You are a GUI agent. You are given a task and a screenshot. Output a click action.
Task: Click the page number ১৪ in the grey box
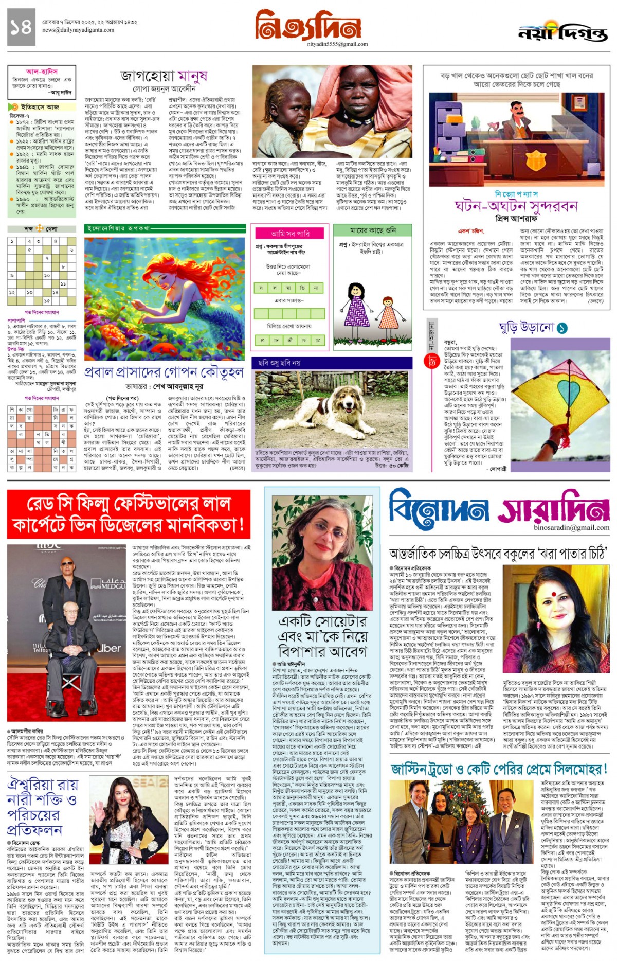21,26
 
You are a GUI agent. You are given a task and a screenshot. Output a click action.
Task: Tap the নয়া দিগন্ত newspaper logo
563,32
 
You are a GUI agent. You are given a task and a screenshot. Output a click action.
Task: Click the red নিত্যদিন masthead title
308,25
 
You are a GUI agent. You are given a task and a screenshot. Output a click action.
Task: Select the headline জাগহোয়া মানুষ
164,76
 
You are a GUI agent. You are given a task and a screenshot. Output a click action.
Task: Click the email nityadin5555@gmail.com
330,44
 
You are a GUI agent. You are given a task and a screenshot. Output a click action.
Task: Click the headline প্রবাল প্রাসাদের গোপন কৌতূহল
164,372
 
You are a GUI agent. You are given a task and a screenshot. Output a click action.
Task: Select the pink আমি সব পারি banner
291,234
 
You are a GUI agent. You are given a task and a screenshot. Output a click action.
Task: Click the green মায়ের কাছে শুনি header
373,229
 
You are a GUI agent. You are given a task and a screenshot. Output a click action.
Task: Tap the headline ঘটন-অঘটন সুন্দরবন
516,206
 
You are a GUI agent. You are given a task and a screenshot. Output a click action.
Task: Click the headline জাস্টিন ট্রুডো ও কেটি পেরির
499,769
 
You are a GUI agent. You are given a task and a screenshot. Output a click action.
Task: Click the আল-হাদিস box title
42,72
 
